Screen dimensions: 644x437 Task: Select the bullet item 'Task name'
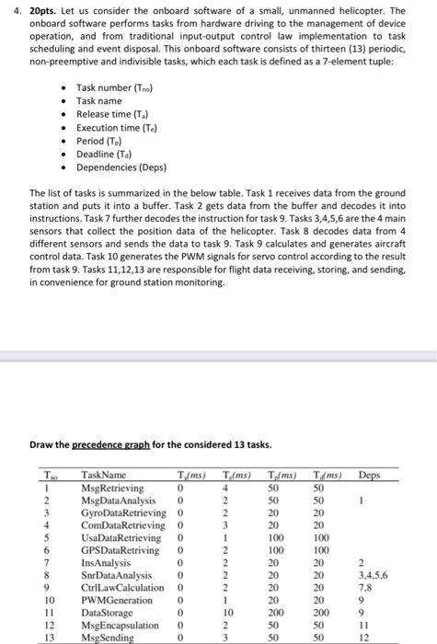click(99, 100)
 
